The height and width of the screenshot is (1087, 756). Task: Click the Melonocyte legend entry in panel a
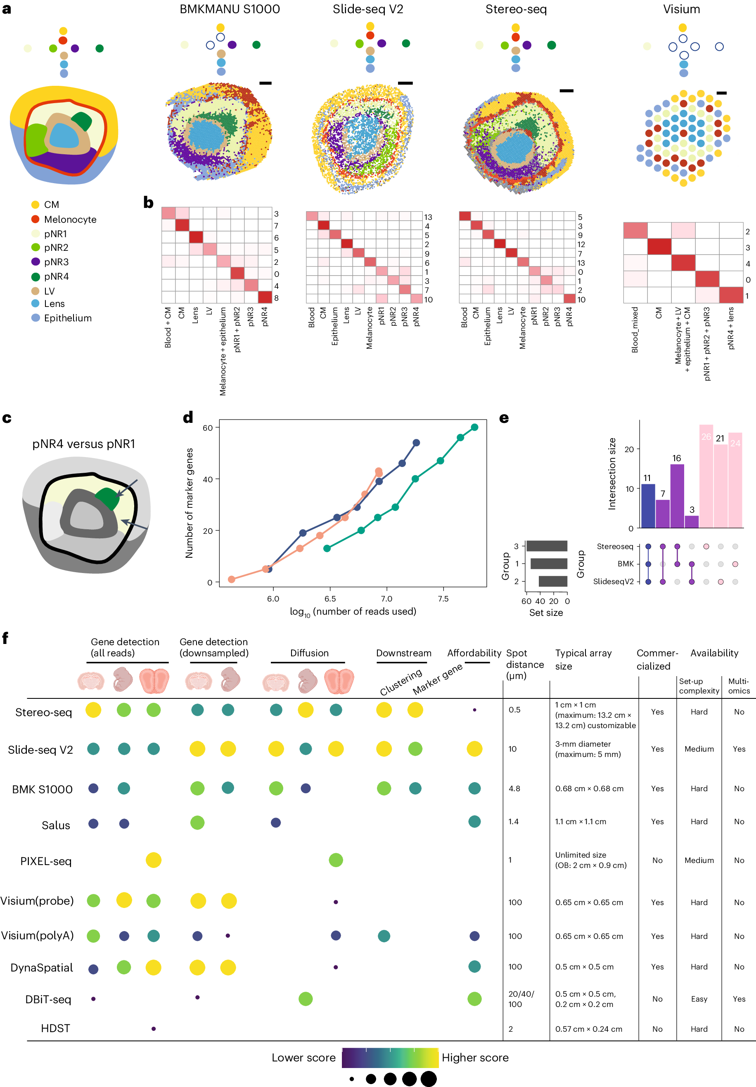[x=70, y=219]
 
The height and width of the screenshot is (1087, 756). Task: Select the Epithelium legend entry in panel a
[x=67, y=318]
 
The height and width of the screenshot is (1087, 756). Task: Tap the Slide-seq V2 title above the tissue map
[x=367, y=9]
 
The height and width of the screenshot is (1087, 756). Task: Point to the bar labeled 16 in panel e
[x=677, y=495]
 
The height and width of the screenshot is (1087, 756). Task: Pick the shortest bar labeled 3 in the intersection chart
[x=692, y=521]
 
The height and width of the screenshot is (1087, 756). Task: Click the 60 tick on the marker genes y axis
[x=207, y=428]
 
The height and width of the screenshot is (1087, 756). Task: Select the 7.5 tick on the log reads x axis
[x=443, y=599]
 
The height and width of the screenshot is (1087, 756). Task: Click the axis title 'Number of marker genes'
[x=189, y=502]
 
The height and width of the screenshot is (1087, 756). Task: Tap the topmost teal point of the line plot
[x=474, y=427]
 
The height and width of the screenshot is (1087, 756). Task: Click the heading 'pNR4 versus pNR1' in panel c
[x=83, y=444]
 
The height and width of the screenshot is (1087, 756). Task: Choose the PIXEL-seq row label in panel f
[x=45, y=861]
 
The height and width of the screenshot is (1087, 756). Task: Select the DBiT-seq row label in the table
[x=48, y=999]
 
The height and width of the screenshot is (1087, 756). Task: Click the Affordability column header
[x=474, y=653]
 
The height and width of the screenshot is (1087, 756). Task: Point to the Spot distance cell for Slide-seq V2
[x=512, y=749]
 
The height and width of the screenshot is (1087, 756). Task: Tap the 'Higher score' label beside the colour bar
[x=475, y=1058]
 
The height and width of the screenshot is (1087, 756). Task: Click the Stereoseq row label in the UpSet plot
[x=614, y=546]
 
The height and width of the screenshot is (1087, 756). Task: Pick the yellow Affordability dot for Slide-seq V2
[x=474, y=749]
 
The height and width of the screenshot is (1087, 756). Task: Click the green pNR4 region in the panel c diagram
[x=107, y=498]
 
